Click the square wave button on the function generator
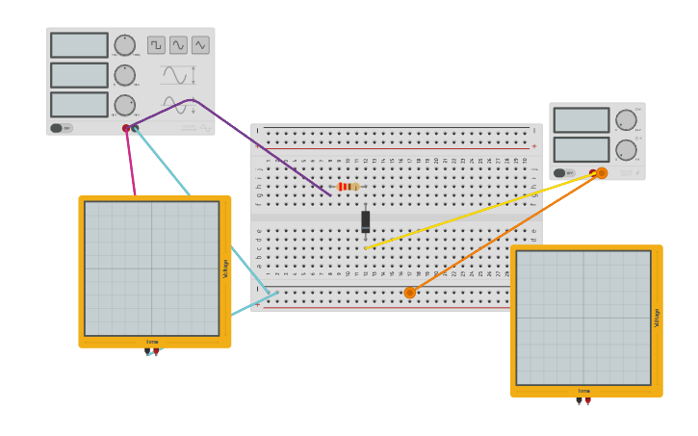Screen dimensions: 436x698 click(156, 45)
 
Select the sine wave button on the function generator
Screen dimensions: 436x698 click(178, 45)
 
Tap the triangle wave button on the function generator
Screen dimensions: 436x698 click(200, 45)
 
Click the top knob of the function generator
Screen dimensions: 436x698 click(125, 45)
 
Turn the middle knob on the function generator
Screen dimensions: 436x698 click(125, 75)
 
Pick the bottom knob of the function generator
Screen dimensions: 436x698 click(125, 105)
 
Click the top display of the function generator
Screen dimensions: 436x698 click(79, 45)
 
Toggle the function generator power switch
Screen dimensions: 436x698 click(57, 128)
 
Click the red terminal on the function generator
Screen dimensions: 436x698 click(126, 128)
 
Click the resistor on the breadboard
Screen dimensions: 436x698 click(348, 187)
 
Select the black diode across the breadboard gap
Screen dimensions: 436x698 click(366, 221)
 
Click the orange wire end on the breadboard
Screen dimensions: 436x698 click(410, 293)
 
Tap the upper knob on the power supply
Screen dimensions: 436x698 click(626, 120)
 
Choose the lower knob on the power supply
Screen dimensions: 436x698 click(626, 150)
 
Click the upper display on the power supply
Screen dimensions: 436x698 click(582, 120)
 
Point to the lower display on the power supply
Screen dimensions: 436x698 click(582, 149)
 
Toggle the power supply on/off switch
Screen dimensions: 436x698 click(559, 173)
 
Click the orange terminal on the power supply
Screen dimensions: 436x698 click(602, 173)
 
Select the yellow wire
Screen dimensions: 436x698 click(481, 212)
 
